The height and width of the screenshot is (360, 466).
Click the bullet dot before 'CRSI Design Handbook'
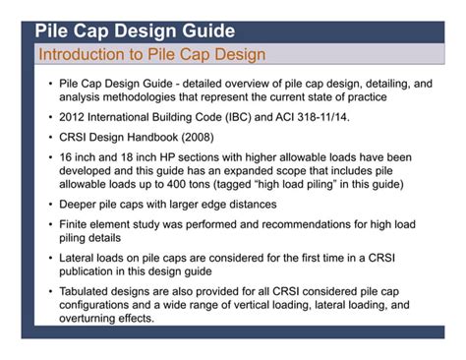click(50, 138)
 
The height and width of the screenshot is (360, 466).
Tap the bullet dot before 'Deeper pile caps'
click(50, 205)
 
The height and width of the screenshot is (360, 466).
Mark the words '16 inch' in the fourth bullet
click(80, 157)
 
